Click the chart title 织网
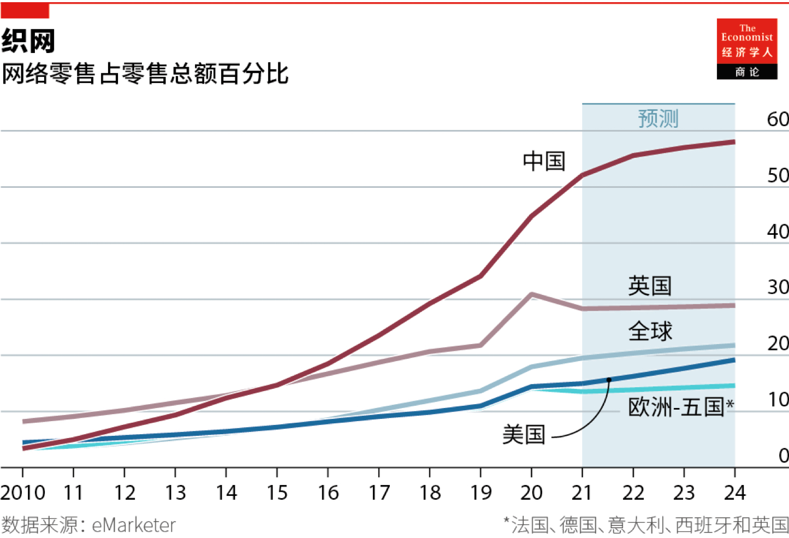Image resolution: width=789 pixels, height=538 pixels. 28,41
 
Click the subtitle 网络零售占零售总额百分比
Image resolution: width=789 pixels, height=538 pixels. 145,74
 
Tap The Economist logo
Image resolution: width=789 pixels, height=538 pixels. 747,49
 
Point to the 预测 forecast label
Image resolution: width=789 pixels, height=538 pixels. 658,119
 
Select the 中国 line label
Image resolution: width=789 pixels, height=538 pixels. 544,161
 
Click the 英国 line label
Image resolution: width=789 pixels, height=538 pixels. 650,286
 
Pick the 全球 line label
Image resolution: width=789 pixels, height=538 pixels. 650,331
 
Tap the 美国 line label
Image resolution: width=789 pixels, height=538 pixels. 524,435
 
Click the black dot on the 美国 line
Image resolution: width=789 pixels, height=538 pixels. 609,380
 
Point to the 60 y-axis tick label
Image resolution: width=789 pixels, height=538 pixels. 778,119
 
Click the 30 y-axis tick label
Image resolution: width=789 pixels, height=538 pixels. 778,287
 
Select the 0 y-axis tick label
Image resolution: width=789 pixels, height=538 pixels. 784,456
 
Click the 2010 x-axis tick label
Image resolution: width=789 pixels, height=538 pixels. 23,493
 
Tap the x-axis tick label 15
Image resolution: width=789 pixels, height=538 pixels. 277,493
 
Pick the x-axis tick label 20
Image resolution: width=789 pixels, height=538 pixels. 531,493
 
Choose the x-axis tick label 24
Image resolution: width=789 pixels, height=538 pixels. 734,493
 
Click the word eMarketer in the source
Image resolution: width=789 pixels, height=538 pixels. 134,525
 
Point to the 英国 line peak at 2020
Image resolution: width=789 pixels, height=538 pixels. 531,294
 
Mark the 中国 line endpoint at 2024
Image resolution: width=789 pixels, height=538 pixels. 733,142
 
